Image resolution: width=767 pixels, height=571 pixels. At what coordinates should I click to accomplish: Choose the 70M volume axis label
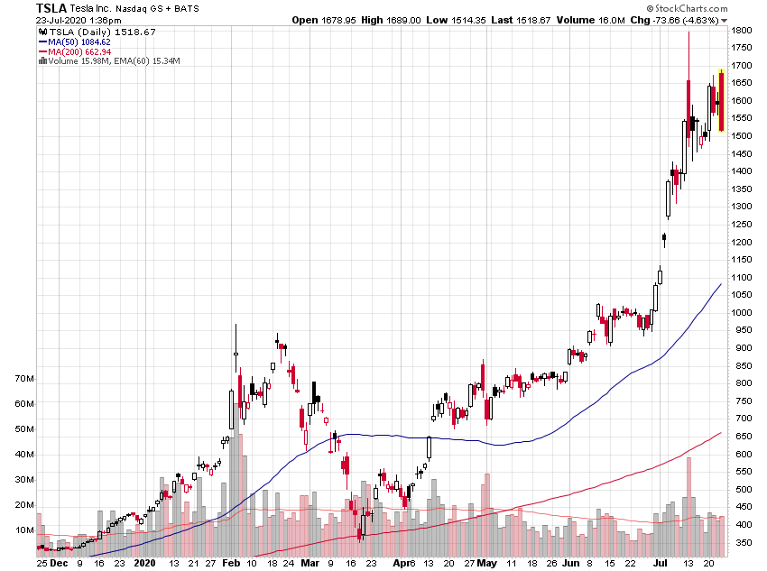[23, 379]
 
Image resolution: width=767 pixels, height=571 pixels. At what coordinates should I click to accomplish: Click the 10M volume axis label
[23, 530]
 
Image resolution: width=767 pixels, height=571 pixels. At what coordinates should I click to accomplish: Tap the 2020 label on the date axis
[144, 562]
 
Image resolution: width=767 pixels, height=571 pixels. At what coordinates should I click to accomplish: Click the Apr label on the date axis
[398, 562]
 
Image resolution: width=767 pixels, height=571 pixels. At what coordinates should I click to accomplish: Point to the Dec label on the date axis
[58, 562]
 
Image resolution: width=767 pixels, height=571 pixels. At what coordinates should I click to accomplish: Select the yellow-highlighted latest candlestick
[721, 102]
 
